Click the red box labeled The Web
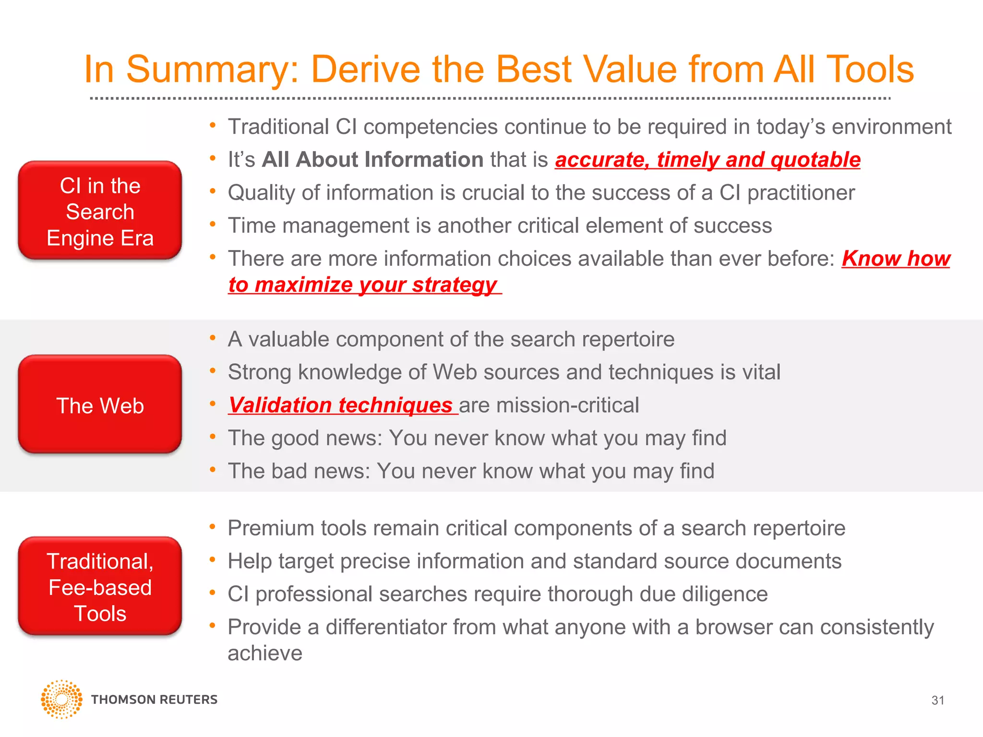click(100, 404)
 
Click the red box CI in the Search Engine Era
click(100, 211)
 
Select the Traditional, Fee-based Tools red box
click(100, 586)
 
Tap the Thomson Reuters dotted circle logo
click(61, 699)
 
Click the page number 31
click(937, 701)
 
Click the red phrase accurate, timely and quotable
click(707, 160)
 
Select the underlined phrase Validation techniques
click(341, 405)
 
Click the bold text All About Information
click(372, 160)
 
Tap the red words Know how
click(896, 259)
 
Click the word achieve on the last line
click(265, 654)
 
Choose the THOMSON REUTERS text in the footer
click(154, 700)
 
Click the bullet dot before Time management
click(213, 224)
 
